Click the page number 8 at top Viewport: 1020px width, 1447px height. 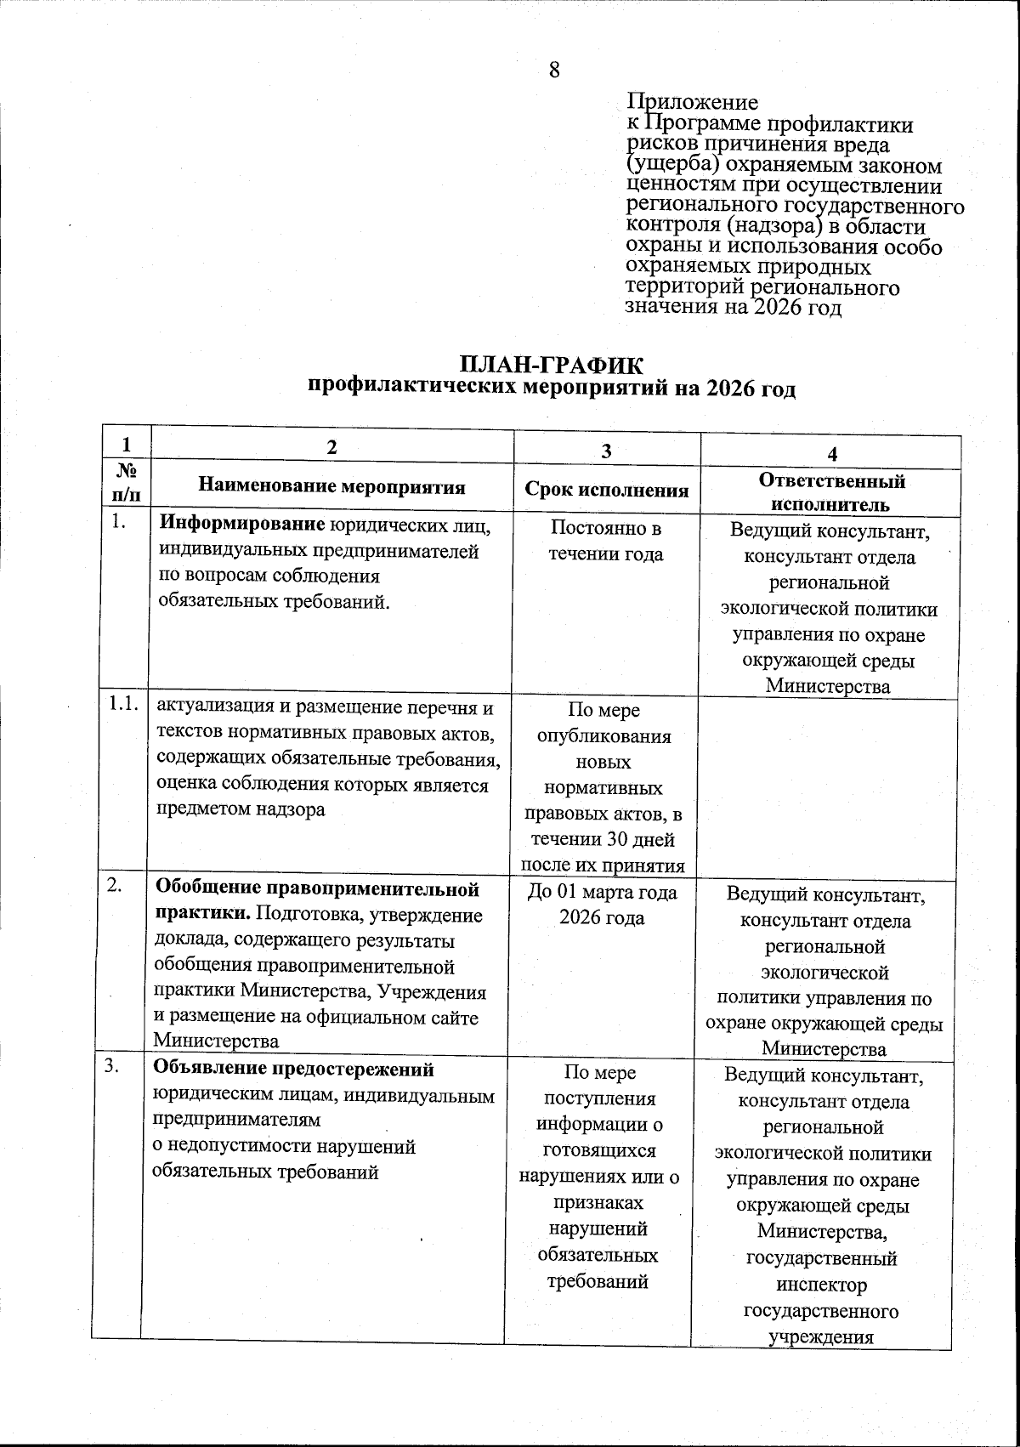(554, 70)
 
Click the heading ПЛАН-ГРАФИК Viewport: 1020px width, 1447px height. (552, 365)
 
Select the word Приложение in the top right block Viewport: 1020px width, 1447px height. (692, 103)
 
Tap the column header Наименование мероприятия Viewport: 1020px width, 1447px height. (331, 487)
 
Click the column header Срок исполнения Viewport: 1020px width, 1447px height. (606, 491)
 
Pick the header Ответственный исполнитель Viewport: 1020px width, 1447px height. (832, 492)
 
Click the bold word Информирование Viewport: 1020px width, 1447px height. (243, 525)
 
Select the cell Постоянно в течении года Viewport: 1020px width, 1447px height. (606, 542)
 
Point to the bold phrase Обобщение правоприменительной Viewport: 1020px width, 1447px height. (316, 889)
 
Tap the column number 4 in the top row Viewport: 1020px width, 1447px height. (833, 454)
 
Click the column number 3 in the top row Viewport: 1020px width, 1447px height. (605, 452)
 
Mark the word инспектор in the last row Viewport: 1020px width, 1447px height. (821, 1285)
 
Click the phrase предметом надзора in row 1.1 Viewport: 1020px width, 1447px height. (240, 809)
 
